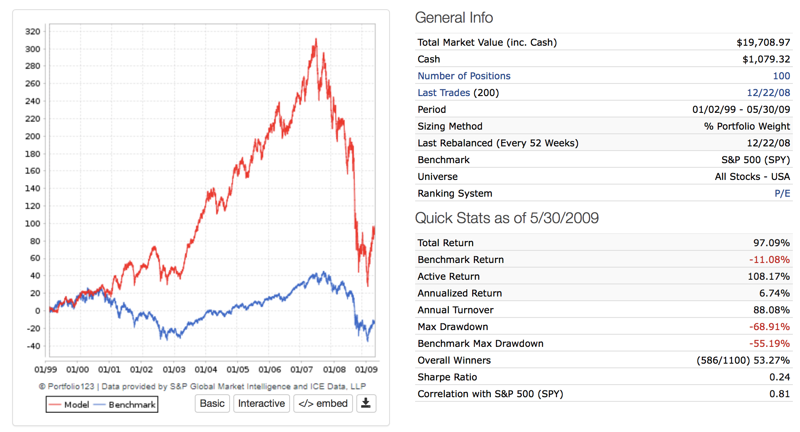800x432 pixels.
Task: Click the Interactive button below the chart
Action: (261, 403)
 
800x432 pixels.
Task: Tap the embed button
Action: (323, 403)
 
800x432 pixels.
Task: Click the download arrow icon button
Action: (366, 403)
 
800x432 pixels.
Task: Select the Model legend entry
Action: (69, 405)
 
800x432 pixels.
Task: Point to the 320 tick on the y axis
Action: (33, 31)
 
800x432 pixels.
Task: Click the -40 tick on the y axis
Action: (33, 346)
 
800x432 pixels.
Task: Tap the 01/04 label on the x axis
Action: (206, 370)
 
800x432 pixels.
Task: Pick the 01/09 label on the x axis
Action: (366, 370)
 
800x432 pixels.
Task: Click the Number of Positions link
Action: (464, 76)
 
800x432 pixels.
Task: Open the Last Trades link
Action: (444, 93)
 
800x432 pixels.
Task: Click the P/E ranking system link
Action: (782, 193)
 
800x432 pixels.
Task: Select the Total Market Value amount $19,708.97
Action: (763, 42)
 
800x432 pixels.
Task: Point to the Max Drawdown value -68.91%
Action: (769, 327)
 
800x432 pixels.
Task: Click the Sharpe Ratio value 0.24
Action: (779, 377)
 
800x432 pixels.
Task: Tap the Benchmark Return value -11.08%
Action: (769, 260)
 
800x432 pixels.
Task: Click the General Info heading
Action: (454, 18)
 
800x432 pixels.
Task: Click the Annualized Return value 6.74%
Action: (774, 293)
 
